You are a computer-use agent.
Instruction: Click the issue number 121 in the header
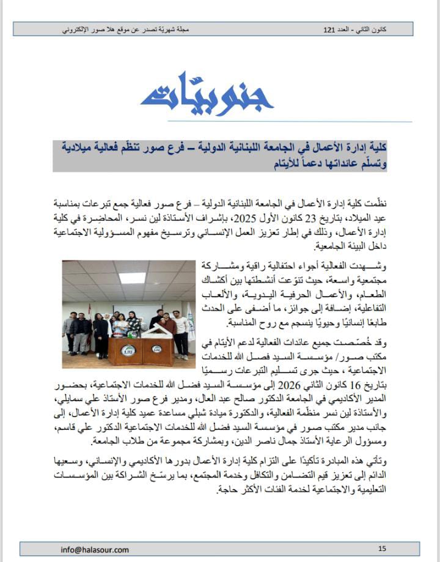coord(329,29)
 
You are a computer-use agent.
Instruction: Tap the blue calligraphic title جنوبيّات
coord(207,94)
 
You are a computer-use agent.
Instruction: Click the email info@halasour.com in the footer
coord(95,549)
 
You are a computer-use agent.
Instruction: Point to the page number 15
coord(383,549)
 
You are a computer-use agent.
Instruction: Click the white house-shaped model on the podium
coord(147,331)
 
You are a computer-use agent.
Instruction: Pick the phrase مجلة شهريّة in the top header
coord(175,29)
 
